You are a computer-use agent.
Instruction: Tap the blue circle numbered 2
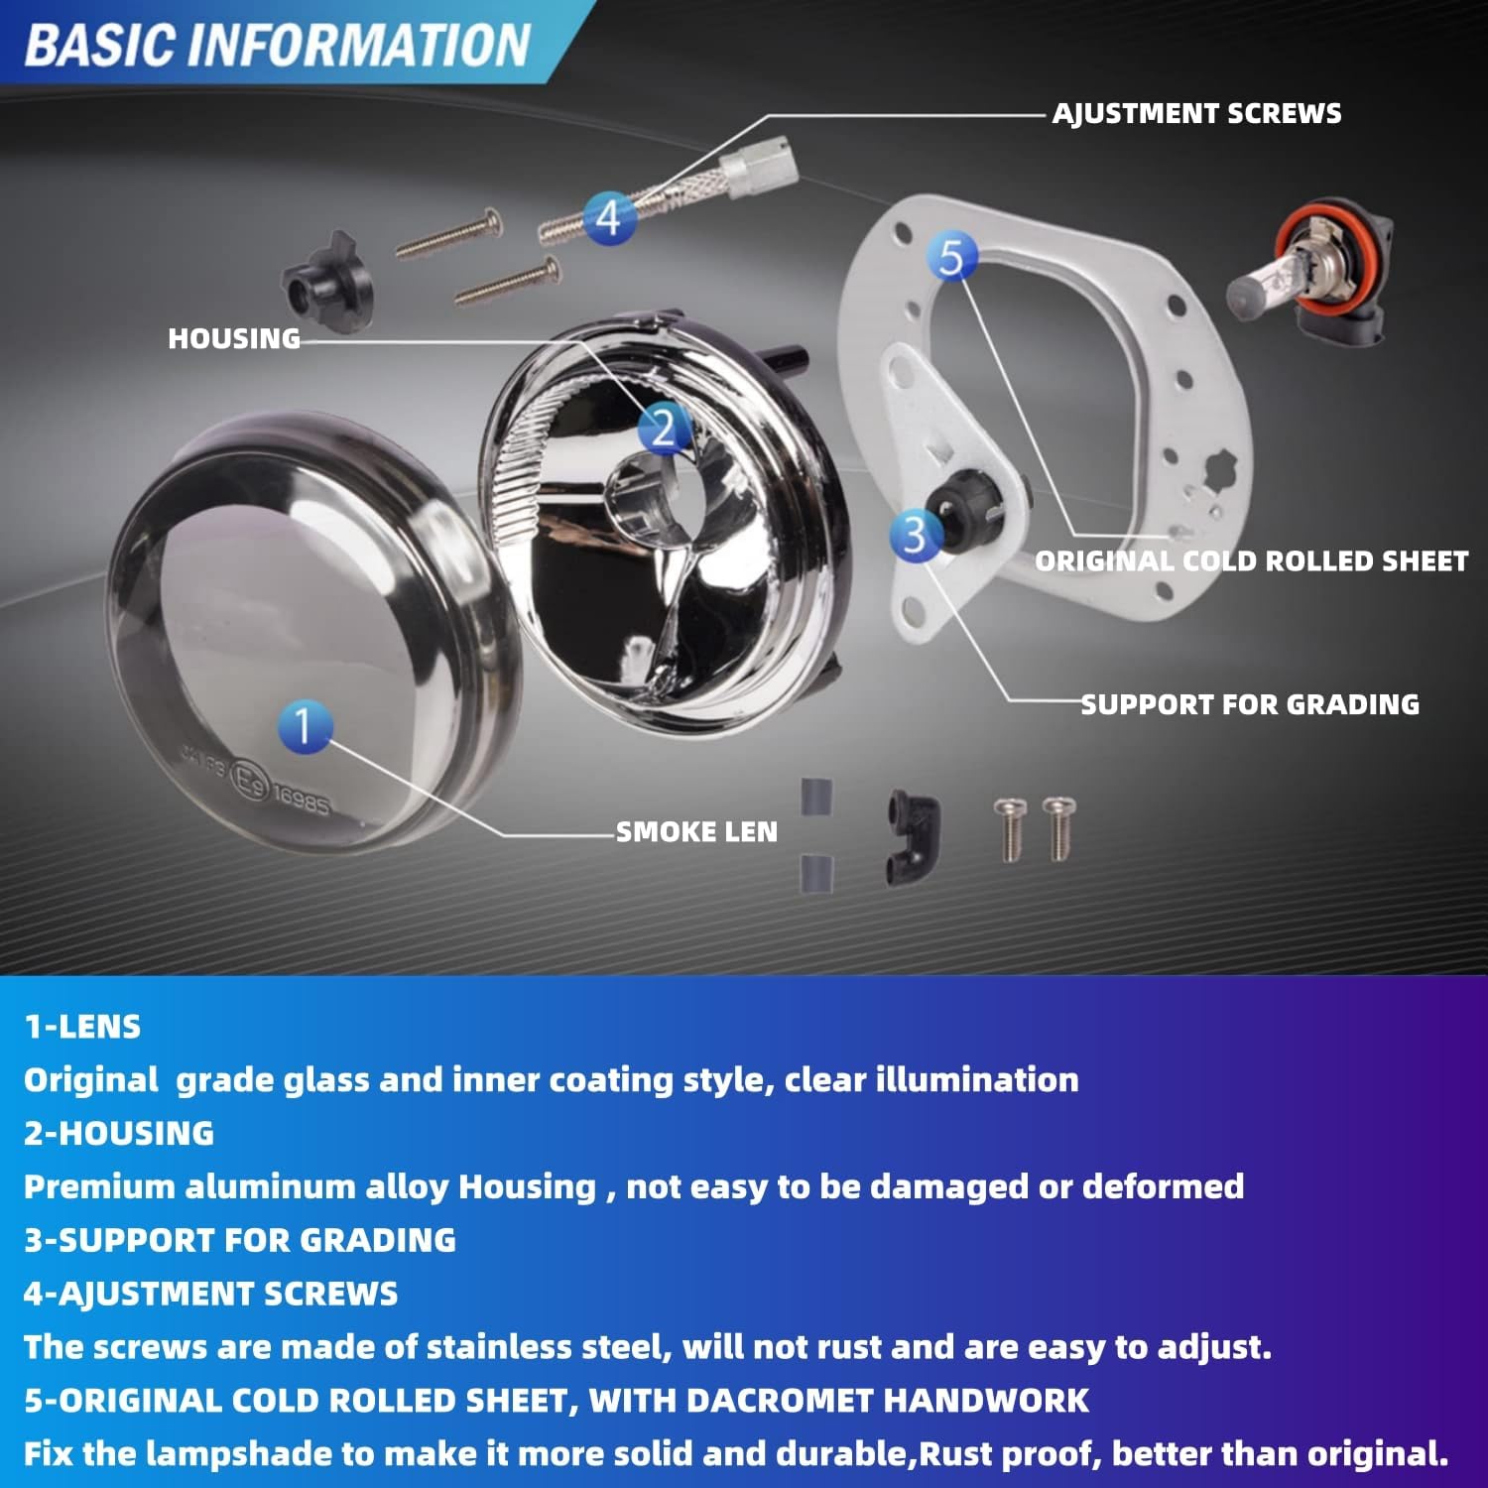pos(663,429)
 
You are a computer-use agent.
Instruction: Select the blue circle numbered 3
pos(915,534)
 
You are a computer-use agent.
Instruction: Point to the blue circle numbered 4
pos(608,217)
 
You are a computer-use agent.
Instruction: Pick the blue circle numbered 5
pos(951,257)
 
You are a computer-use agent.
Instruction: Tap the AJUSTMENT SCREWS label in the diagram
pos(1196,114)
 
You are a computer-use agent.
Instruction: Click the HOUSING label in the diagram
pos(234,339)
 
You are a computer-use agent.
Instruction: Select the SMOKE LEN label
pos(696,832)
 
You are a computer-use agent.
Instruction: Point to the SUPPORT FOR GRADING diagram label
pos(1250,705)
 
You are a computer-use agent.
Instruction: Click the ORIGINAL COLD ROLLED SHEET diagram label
pos(1251,561)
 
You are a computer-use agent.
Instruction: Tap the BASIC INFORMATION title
pos(278,46)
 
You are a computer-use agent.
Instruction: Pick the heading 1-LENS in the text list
pos(82,1027)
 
